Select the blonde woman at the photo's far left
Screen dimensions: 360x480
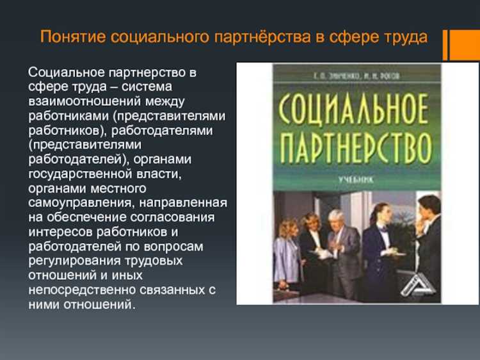tap(287, 253)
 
